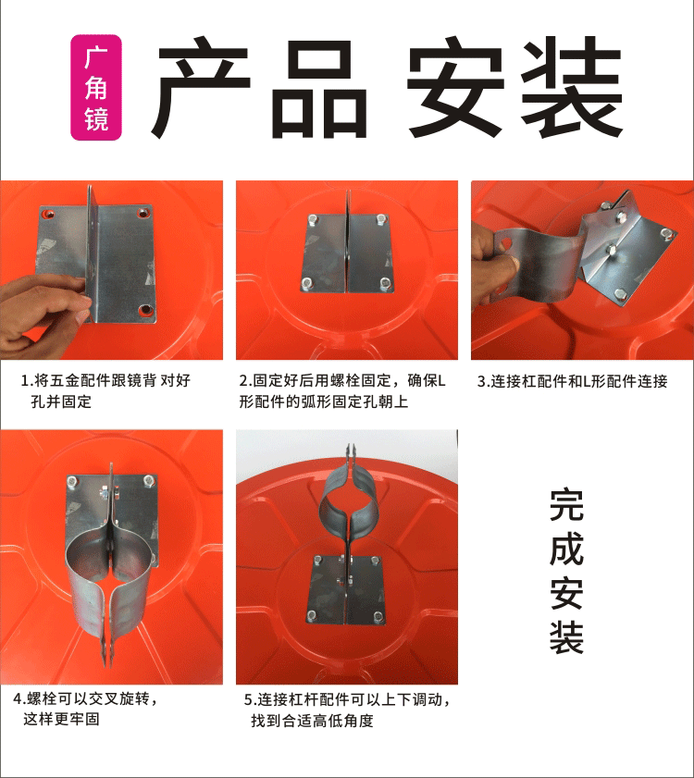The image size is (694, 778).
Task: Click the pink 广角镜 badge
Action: [96, 87]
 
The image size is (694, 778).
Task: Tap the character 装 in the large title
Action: [571, 87]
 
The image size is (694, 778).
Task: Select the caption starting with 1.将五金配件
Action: [105, 391]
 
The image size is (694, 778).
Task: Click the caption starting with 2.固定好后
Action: [342, 391]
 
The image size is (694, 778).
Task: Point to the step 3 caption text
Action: [573, 381]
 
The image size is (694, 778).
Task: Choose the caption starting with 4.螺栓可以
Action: [85, 709]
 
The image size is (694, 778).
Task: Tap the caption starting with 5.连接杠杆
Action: [347, 710]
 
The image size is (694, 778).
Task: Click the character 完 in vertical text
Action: [566, 506]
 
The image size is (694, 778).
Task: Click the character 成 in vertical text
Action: [566, 550]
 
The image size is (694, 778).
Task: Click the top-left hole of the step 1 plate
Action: [48, 215]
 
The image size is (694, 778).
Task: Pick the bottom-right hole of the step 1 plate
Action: [145, 310]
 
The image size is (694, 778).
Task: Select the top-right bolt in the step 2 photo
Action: [381, 219]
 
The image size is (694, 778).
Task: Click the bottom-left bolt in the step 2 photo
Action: [306, 284]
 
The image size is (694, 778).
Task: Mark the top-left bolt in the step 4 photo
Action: [72, 481]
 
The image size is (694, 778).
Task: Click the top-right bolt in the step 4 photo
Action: [148, 480]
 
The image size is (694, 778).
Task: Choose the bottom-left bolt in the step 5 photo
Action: [312, 616]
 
